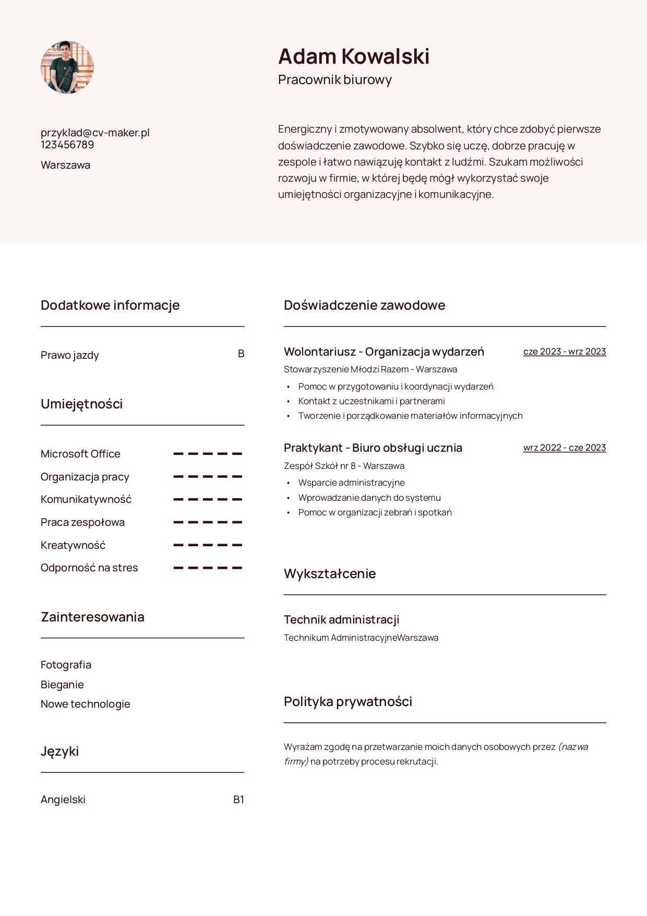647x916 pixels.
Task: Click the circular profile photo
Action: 67,67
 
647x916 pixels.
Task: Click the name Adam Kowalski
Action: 354,56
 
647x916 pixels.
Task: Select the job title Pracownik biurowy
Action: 334,80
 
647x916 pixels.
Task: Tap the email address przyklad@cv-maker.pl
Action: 95,133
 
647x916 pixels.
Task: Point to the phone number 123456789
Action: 67,145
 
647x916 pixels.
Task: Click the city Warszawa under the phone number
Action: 65,165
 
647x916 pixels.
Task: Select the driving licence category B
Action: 241,354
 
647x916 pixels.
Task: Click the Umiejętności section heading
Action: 81,404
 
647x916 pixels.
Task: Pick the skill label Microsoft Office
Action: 80,454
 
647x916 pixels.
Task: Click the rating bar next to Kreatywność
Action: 208,545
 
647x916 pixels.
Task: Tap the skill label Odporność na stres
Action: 89,568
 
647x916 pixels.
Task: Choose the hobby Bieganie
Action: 62,685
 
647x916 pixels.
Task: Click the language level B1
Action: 238,800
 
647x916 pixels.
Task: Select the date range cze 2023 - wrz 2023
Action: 565,351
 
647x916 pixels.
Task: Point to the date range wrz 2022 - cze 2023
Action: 565,448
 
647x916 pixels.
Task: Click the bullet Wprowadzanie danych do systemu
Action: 369,498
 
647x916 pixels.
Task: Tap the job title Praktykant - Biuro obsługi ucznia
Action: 373,448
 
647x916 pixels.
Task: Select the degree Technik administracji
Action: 341,620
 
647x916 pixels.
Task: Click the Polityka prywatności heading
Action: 348,701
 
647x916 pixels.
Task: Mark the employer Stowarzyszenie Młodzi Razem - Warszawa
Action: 370,369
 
